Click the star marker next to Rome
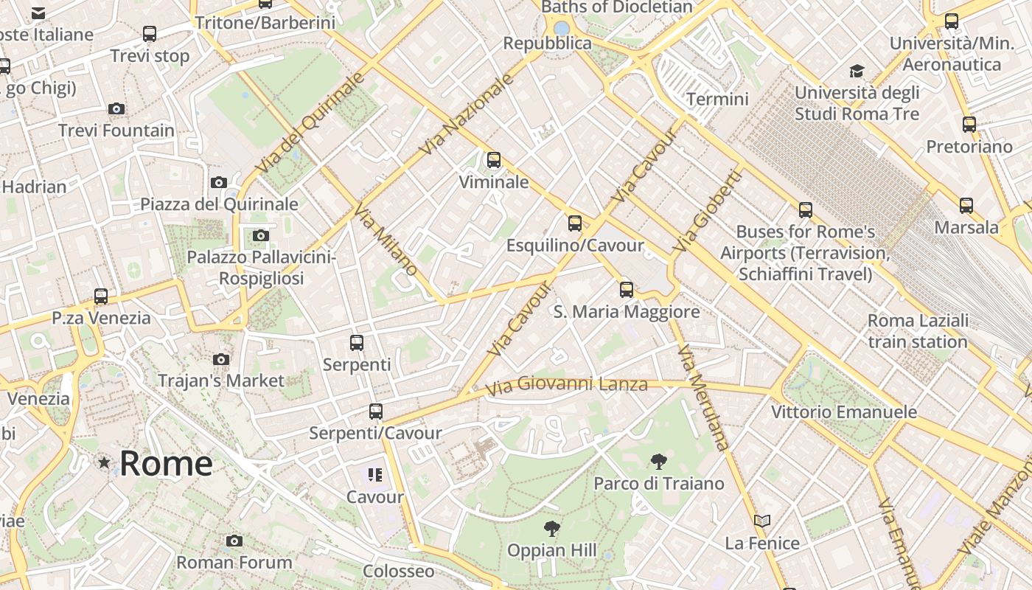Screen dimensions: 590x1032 (x=104, y=463)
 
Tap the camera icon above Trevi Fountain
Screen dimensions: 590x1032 (x=116, y=109)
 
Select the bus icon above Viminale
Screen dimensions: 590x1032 (x=494, y=159)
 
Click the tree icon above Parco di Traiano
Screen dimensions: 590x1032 (x=659, y=462)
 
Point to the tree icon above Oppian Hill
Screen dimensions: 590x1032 (x=551, y=528)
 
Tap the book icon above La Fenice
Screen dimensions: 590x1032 (x=762, y=521)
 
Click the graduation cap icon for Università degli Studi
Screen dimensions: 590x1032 (x=857, y=71)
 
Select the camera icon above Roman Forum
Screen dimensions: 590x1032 (x=234, y=541)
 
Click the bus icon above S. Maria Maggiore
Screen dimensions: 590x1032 (x=627, y=290)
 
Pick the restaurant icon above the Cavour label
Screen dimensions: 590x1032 (x=375, y=475)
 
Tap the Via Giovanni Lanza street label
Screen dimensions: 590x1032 (x=566, y=384)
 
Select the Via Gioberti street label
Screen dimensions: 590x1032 (x=706, y=211)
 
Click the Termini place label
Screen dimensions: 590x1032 (x=717, y=99)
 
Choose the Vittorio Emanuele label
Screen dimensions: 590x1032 (x=844, y=412)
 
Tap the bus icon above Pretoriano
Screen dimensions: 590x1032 (x=969, y=125)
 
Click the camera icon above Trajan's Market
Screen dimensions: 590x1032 (x=220, y=360)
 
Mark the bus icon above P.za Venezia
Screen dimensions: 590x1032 (x=101, y=296)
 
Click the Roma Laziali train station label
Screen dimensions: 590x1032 (x=918, y=331)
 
